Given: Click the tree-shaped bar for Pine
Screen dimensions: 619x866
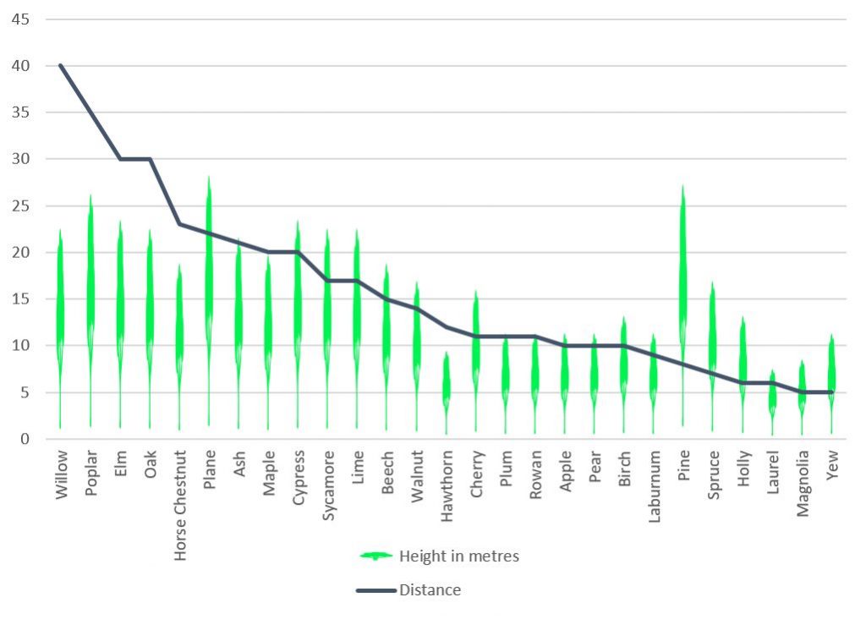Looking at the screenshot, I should coord(682,279).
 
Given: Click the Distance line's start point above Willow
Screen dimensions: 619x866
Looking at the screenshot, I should coord(60,65).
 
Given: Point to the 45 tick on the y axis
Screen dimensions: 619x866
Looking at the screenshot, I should coord(20,19).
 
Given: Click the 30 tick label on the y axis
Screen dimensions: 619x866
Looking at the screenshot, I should coord(20,159).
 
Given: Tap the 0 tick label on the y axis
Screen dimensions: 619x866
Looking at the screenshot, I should coord(25,439).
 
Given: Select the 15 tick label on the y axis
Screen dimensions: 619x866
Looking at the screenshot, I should coord(20,299).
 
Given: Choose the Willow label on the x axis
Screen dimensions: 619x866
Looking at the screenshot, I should coord(61,475).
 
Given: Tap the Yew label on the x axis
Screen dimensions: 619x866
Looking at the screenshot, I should coord(832,464).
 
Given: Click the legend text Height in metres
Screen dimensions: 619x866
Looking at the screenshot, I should coord(458,556).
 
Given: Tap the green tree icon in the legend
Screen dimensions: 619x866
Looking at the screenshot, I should coord(376,556).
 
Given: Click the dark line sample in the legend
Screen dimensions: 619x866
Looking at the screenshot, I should coord(376,589).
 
